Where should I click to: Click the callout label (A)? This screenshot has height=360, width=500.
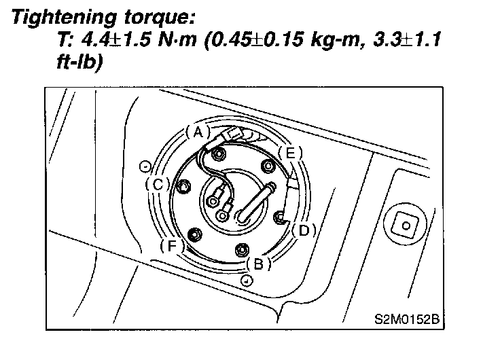tap(198, 132)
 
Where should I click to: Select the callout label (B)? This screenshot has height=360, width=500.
tap(258, 264)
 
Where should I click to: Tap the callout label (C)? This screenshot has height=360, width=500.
tap(158, 184)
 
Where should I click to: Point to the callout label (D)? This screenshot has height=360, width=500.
tap(304, 230)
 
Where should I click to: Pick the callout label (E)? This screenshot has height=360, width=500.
tap(291, 154)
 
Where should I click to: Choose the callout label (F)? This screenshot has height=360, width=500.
tap(172, 246)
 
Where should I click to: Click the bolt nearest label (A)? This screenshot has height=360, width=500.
tap(219, 154)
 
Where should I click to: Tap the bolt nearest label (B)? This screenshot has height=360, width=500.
tap(242, 250)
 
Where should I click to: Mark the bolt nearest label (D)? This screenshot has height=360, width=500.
tap(280, 217)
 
